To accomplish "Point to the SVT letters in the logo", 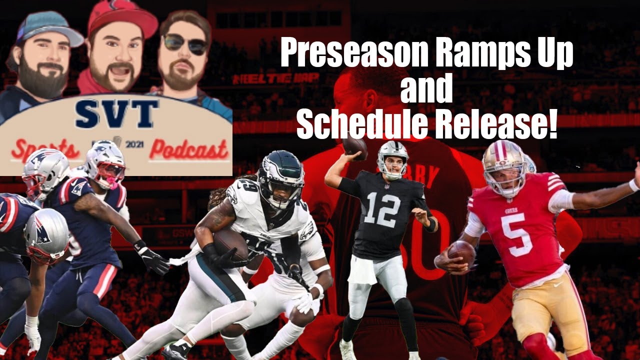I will [117, 114].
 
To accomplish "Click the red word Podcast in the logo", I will [188, 149].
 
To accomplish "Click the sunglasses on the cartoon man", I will [185, 44].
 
